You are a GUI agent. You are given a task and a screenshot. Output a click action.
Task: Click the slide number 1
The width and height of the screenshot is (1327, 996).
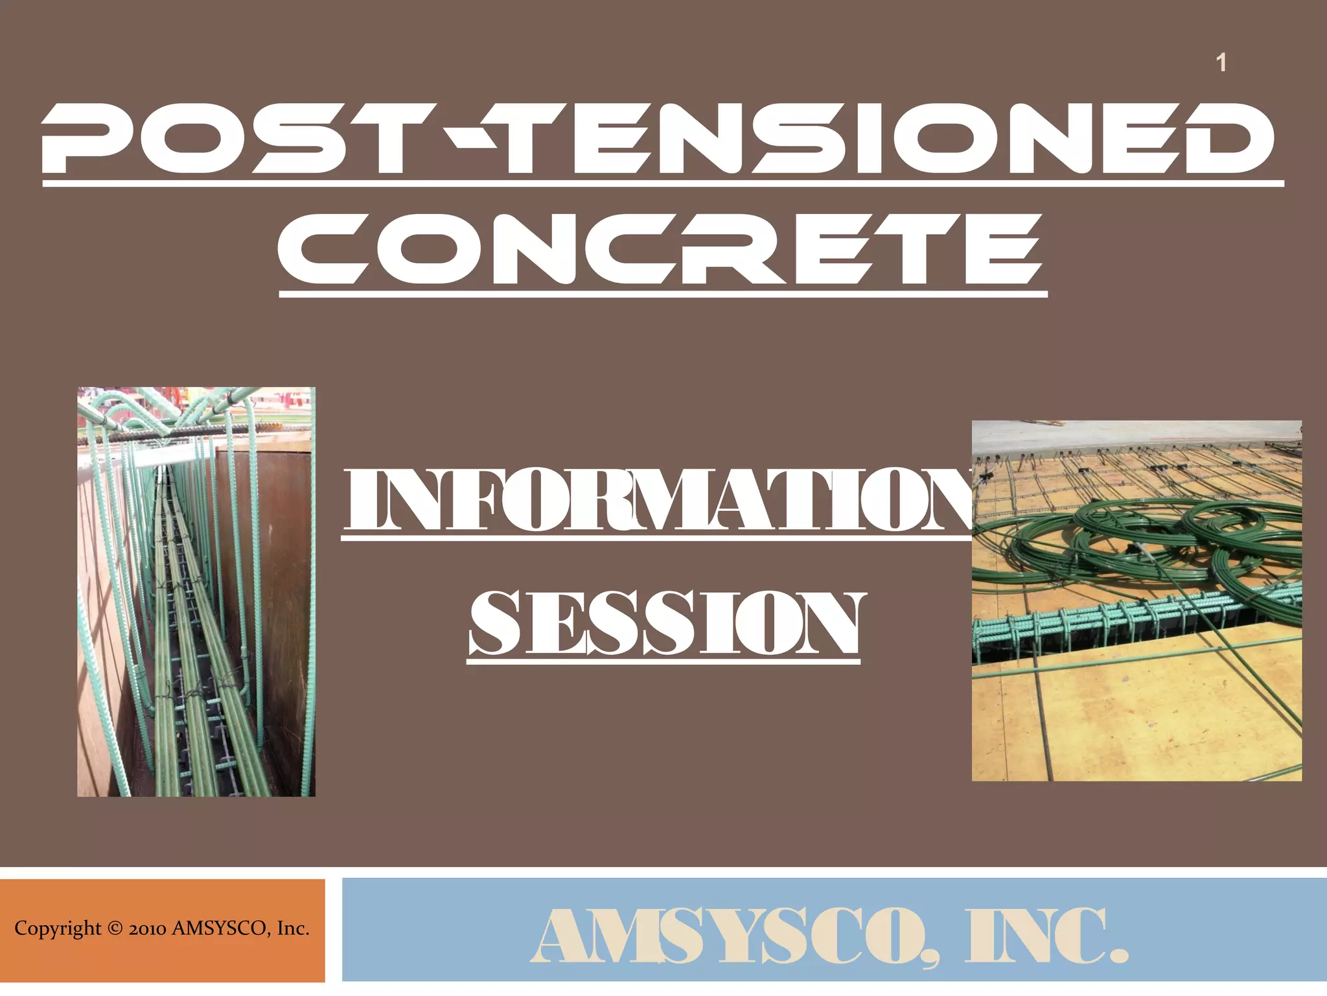[1221, 63]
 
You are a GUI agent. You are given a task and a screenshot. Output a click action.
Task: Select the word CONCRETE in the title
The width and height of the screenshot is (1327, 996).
[661, 250]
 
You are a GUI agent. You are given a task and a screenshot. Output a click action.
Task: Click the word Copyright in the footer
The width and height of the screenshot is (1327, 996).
[58, 929]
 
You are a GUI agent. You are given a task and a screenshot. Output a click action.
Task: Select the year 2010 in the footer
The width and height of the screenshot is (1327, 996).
[148, 929]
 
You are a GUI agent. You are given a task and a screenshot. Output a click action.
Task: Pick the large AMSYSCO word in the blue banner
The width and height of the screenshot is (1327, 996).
[732, 936]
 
